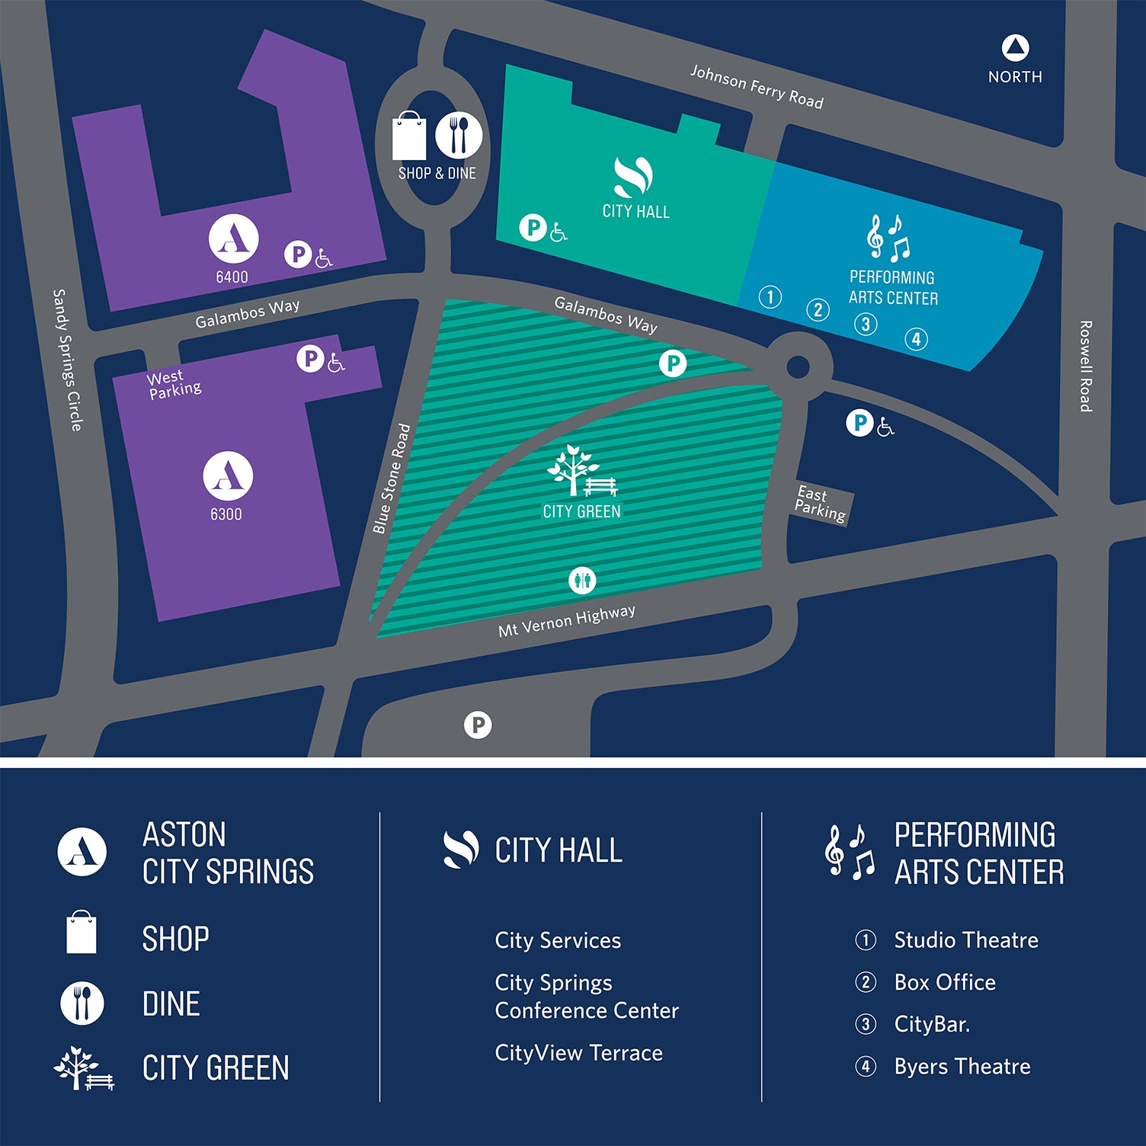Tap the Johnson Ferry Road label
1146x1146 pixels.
(x=757, y=87)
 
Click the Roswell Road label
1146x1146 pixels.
(x=1086, y=366)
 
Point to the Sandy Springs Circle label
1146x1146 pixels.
(x=67, y=360)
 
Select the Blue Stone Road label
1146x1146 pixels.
(x=392, y=479)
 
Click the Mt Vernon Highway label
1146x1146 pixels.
(x=567, y=621)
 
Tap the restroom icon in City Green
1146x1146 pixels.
(x=583, y=581)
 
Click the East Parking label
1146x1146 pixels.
(x=821, y=504)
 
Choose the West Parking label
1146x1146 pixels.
(x=174, y=384)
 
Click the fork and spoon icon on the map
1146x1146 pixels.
(x=459, y=136)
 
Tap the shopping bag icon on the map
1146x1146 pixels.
(x=409, y=137)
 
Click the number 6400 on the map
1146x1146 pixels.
(x=232, y=277)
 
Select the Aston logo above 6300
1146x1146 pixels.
(x=228, y=476)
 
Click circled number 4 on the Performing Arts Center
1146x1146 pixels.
(x=916, y=338)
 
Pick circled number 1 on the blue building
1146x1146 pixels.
(x=770, y=296)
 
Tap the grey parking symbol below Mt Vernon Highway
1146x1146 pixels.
(x=478, y=725)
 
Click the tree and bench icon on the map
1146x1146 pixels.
(x=581, y=472)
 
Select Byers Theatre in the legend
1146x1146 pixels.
(x=962, y=1066)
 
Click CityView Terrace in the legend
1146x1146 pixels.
(x=578, y=1052)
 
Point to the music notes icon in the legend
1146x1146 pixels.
(x=850, y=851)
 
